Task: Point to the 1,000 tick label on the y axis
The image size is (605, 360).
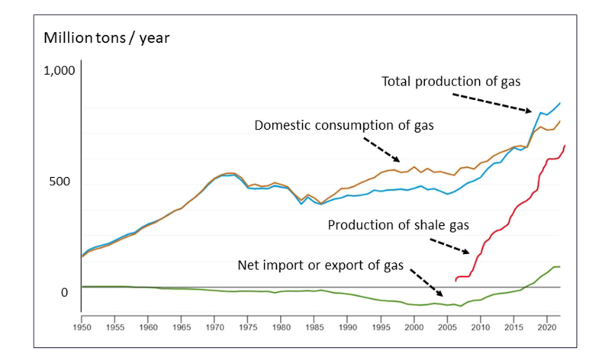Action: point(60,71)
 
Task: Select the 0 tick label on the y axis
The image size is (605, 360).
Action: point(64,293)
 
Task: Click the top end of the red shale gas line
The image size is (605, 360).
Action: point(565,145)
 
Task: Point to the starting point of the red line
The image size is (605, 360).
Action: point(455,281)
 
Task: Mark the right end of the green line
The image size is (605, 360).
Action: point(560,266)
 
